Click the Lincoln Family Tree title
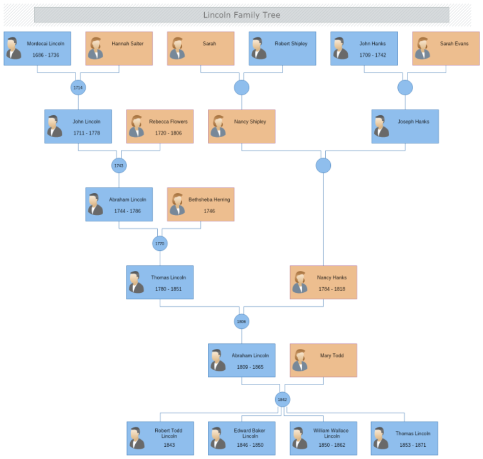pos(241,15)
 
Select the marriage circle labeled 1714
pos(78,88)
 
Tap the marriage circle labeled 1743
pos(119,166)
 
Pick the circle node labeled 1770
pos(160,244)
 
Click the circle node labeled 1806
pos(241,322)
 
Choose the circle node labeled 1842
pos(282,400)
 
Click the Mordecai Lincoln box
pos(37,48)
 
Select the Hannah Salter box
pos(119,48)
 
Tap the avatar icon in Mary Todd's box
pos(300,360)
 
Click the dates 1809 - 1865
pos(250,367)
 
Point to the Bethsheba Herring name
pos(209,199)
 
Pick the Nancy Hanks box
pos(323,282)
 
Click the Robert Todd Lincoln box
pos(160,438)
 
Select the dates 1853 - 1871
pos(413,445)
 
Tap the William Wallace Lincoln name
pos(331,433)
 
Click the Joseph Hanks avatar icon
pos(381,126)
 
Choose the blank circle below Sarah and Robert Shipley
pos(241,88)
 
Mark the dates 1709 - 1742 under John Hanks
pos(373,55)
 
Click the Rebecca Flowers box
pos(160,126)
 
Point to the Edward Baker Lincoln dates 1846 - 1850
pos(250,445)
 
